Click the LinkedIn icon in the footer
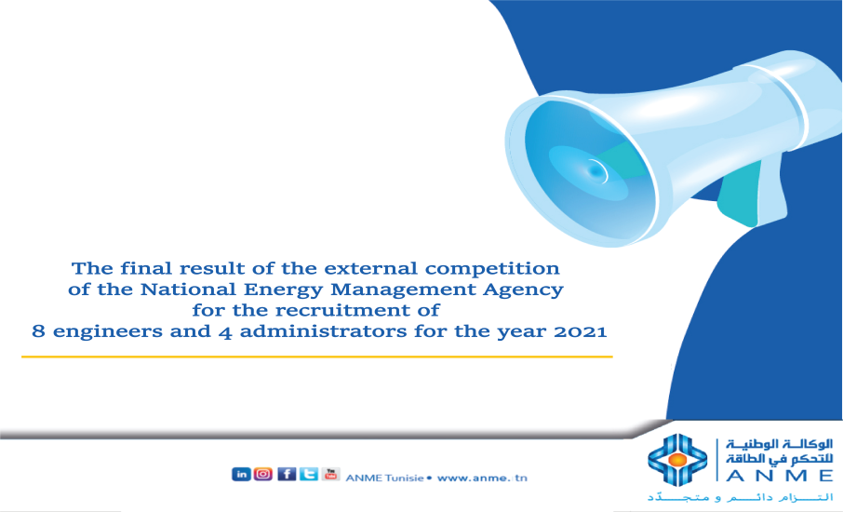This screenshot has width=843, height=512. click(x=241, y=474)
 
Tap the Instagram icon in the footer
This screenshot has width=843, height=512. click(x=263, y=474)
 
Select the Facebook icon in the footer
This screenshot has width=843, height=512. click(x=287, y=474)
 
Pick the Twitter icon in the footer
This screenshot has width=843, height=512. click(x=308, y=474)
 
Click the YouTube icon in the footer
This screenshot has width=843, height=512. click(x=330, y=474)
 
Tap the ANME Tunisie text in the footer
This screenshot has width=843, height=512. click(x=383, y=478)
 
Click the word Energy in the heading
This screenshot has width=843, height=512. click(x=282, y=289)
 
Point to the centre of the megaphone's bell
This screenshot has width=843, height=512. click(x=594, y=169)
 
